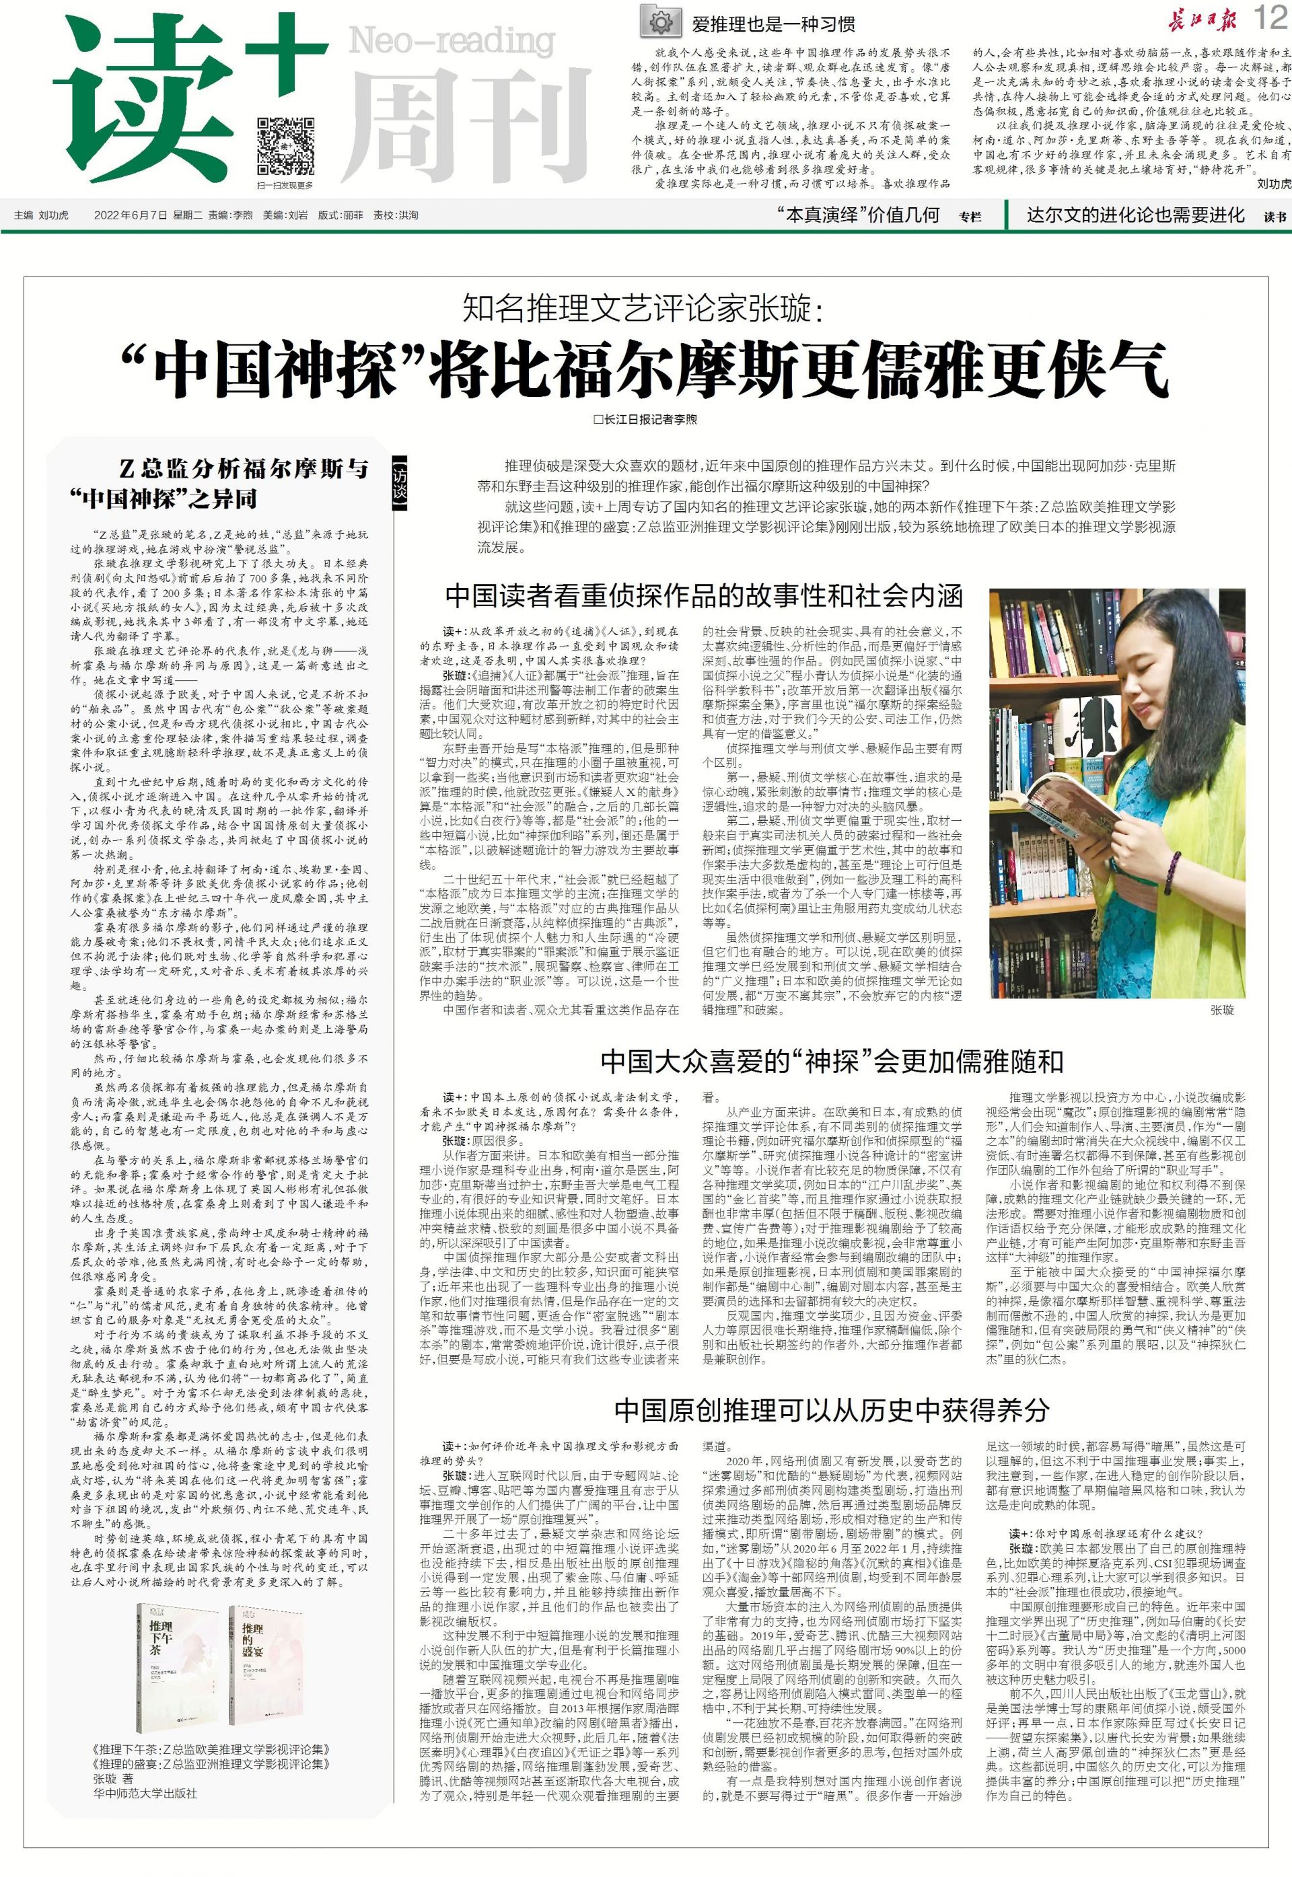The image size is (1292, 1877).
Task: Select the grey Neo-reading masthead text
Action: (451, 40)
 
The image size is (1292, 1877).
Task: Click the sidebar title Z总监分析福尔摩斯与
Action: (244, 468)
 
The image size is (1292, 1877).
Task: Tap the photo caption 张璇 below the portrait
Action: (1223, 1010)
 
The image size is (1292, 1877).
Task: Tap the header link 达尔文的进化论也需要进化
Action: (1135, 215)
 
